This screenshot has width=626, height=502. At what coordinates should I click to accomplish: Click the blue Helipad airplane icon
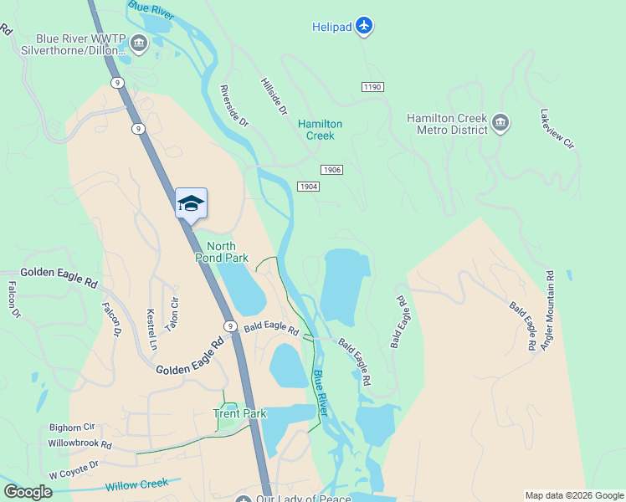coord(363,27)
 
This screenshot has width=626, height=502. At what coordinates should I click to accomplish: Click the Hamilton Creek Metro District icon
coord(500,124)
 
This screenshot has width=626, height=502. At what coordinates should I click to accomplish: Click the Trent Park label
coord(239,413)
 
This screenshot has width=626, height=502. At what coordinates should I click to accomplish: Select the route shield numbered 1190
coord(372,87)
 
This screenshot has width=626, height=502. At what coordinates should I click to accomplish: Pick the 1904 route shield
coord(308,187)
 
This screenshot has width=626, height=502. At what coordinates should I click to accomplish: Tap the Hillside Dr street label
coord(274,98)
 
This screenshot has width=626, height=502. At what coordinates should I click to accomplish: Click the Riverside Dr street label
coord(234,105)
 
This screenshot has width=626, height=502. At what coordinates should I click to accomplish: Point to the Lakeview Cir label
coord(557,130)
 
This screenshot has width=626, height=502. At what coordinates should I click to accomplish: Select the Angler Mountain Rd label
coord(548,310)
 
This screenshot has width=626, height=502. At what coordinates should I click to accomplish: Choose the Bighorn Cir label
coord(72,427)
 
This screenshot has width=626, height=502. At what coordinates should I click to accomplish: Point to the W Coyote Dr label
coord(74,469)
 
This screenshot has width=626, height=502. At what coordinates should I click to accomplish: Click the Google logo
coord(28,492)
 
